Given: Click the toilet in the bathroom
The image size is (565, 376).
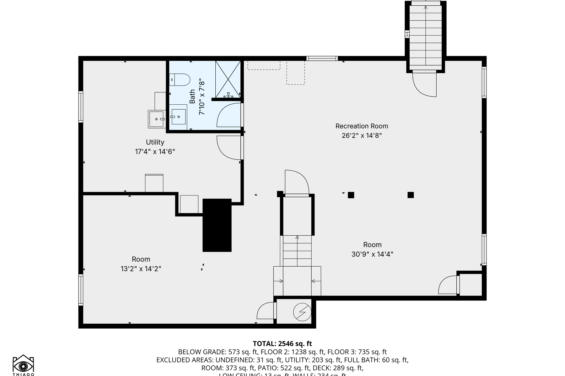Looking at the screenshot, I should coord(180,80).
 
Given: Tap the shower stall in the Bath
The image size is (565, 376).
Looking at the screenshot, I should coord(228,79).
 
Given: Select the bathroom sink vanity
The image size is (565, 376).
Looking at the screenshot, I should coord(178,117).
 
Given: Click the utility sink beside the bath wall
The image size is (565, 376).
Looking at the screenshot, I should coord(156,119).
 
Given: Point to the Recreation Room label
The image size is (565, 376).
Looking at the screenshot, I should coord(362,126).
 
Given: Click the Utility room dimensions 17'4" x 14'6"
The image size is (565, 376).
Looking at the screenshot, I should coord(155,152).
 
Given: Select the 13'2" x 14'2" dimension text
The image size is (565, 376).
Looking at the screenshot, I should coord(141,269).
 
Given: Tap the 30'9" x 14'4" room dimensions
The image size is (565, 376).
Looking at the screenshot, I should coord(372,254).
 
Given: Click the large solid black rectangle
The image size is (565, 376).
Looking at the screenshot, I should coord(217,225).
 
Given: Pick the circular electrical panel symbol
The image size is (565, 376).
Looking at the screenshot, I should coord(302,312).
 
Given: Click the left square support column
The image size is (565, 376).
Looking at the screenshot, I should coord(351,195).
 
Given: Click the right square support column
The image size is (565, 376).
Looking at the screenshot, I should coord(411,195).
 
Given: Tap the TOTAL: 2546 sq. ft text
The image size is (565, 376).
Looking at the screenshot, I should coord(282,343).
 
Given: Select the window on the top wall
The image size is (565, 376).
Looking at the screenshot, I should coord(322,58).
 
